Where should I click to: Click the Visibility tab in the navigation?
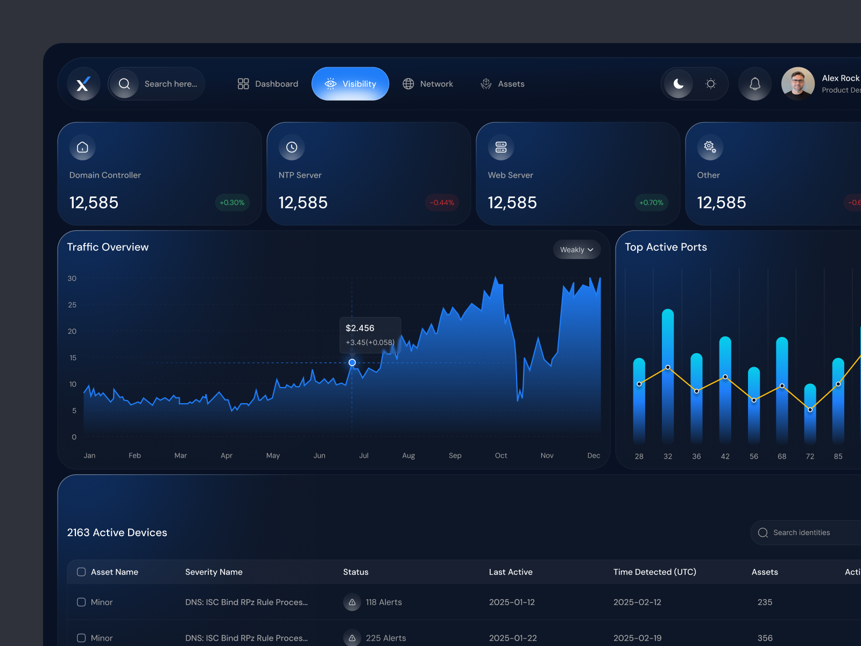click(x=350, y=84)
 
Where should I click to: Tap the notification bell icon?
click(x=755, y=84)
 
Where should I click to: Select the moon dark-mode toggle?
click(x=679, y=84)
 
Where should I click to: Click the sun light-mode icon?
click(x=711, y=84)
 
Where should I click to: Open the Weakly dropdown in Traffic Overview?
click(x=576, y=250)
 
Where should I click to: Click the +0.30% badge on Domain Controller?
click(x=232, y=203)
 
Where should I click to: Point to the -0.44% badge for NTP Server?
click(x=442, y=203)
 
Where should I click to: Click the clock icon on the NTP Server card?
click(x=292, y=148)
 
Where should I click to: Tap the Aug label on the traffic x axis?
click(x=408, y=455)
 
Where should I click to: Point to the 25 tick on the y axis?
click(x=72, y=305)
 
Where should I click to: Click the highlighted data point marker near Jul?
click(x=352, y=363)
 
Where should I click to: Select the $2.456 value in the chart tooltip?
click(x=360, y=328)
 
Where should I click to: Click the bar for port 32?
click(x=668, y=377)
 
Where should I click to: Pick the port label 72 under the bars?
click(x=810, y=457)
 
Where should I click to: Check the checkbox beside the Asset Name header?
click(x=81, y=572)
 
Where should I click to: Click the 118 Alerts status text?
click(x=384, y=602)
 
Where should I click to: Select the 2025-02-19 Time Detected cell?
click(x=637, y=638)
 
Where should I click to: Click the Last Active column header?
click(x=511, y=572)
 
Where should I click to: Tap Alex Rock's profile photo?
click(x=798, y=84)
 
